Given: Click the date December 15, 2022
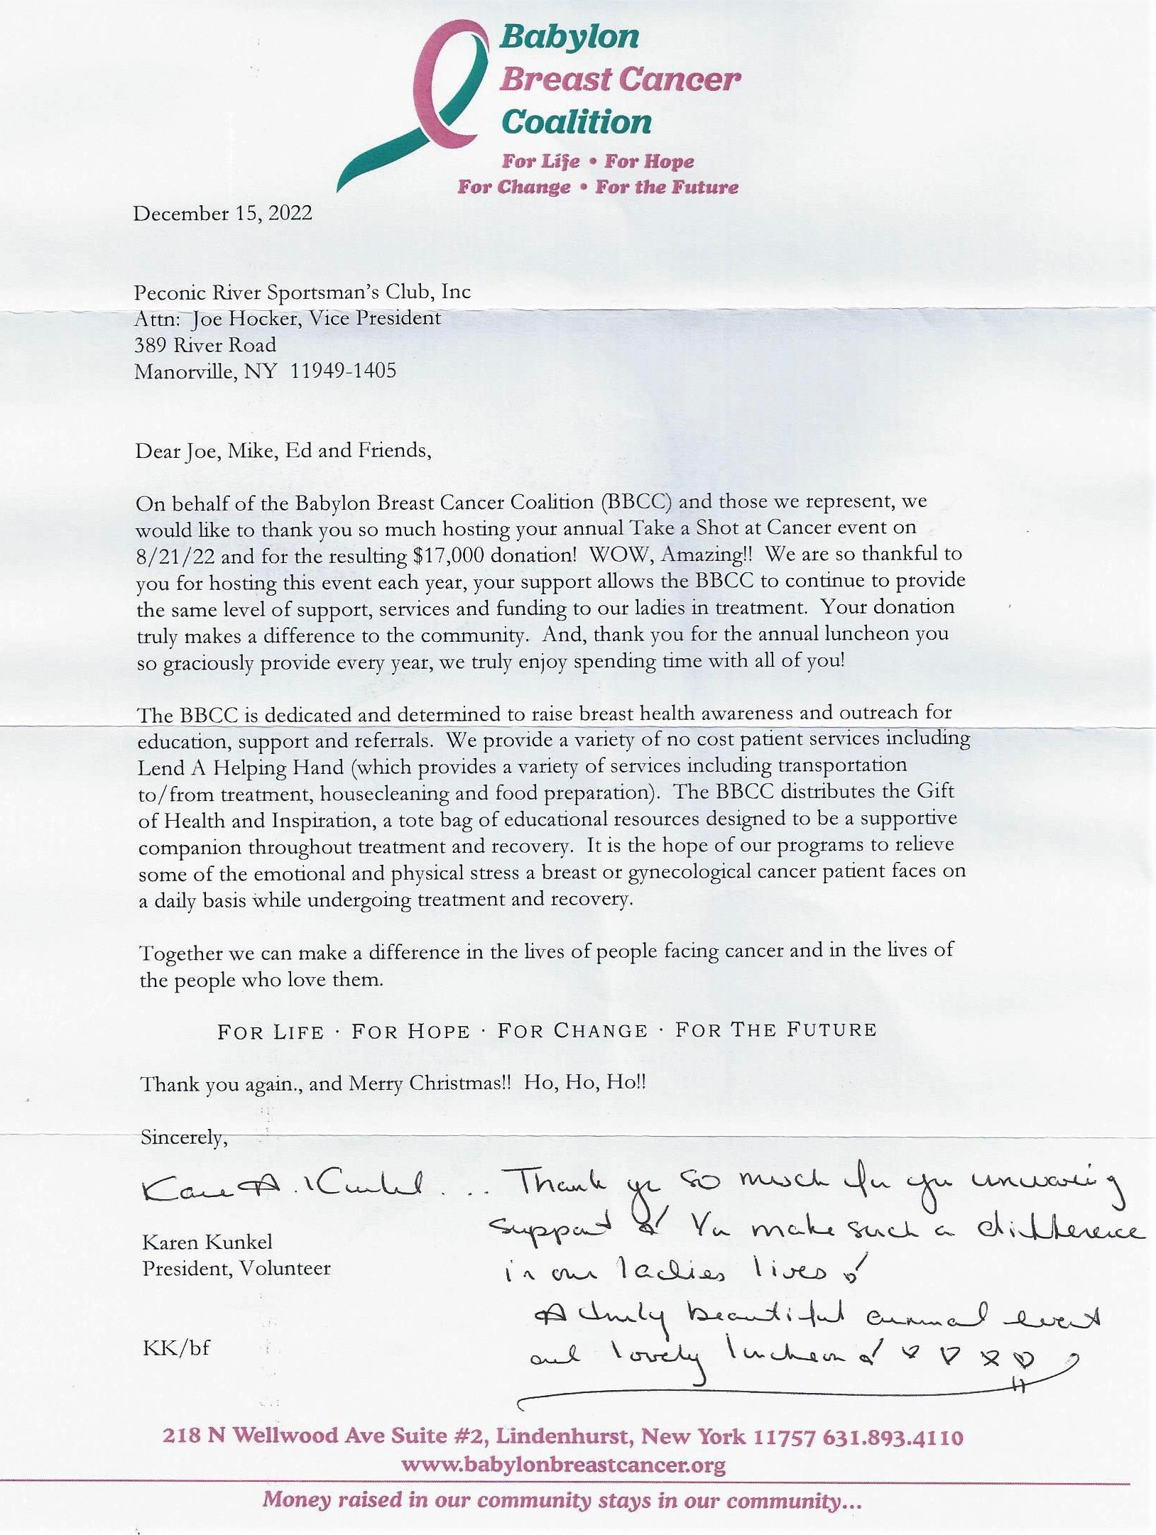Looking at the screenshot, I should [x=222, y=214].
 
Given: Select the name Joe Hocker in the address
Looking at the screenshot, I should [x=239, y=318].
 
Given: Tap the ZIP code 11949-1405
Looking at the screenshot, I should [x=344, y=371].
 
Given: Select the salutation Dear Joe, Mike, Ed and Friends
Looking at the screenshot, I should [x=283, y=451].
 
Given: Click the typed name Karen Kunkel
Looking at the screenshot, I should [x=207, y=1242].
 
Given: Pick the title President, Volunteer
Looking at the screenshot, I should [x=236, y=1268].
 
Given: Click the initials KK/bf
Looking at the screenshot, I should [x=176, y=1347].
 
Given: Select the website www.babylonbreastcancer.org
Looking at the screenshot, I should [x=563, y=1465].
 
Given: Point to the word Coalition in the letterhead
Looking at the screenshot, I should [x=577, y=121].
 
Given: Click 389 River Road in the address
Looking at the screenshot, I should [x=206, y=345].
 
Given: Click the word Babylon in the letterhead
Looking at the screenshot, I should [x=569, y=37].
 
